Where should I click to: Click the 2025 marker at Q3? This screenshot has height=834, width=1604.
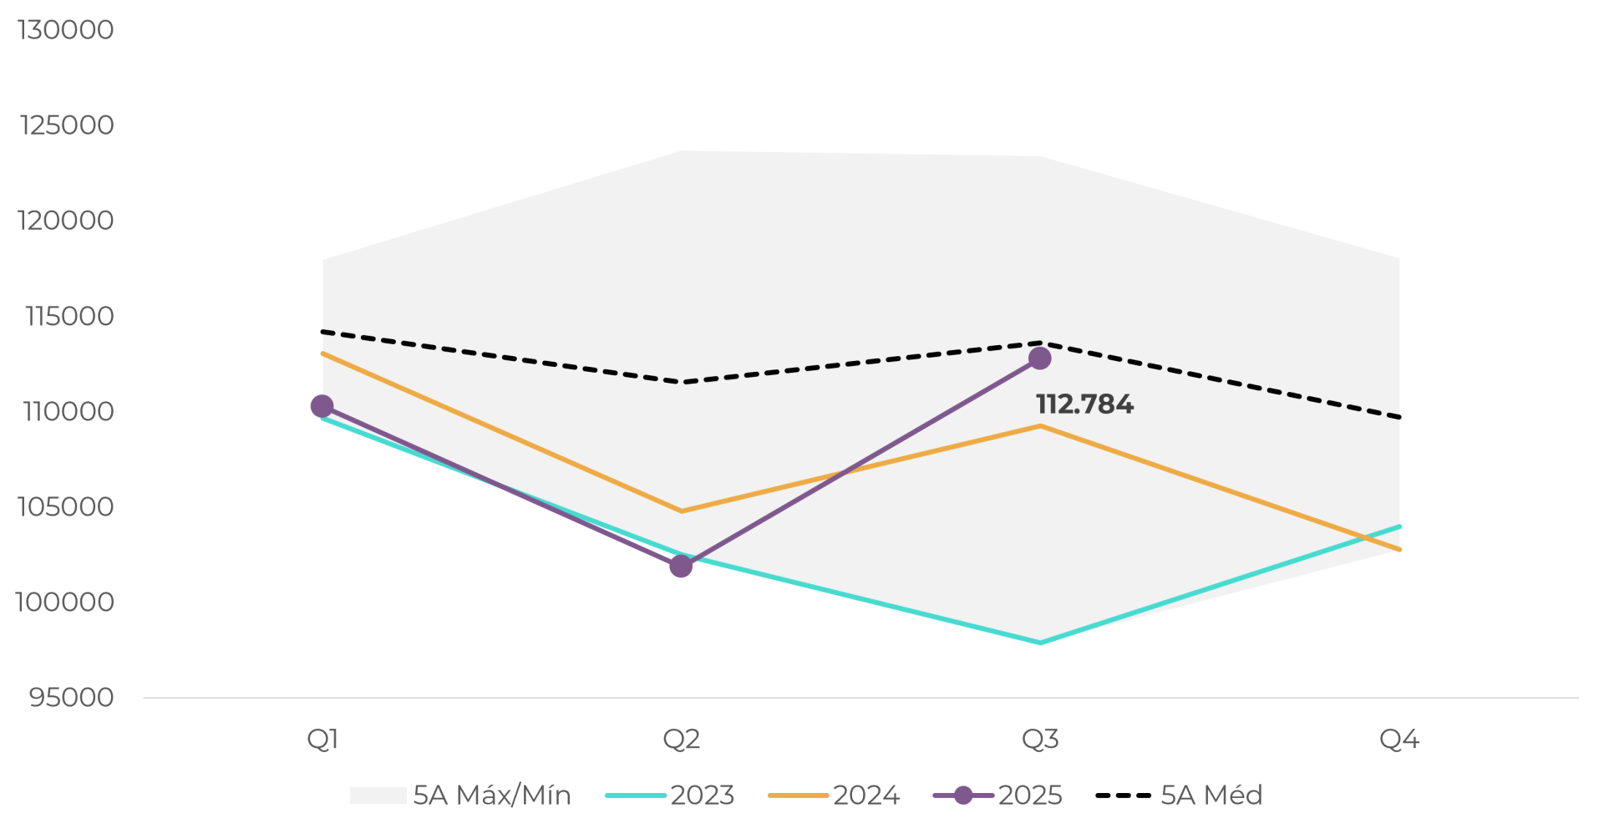(x=1039, y=359)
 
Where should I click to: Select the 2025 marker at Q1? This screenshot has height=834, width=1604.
(x=322, y=406)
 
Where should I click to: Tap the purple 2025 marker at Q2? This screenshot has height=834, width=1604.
(x=681, y=567)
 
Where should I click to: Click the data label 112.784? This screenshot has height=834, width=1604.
(x=1084, y=404)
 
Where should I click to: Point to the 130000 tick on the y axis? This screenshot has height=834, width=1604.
(x=65, y=30)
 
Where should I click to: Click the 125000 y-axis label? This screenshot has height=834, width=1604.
(x=66, y=125)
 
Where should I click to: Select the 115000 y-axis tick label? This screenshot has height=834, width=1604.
(x=69, y=316)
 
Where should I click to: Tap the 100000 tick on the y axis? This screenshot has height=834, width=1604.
(x=64, y=602)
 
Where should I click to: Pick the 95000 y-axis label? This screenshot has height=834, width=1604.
(x=71, y=697)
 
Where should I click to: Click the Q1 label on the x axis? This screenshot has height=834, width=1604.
(x=322, y=739)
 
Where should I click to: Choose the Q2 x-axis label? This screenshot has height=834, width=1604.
(x=681, y=739)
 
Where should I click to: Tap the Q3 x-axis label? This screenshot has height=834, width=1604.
(x=1040, y=739)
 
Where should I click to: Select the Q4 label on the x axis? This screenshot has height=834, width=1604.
(x=1399, y=739)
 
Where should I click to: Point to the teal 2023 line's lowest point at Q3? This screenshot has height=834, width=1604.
(x=1040, y=643)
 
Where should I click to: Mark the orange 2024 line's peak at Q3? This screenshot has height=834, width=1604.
(x=1040, y=426)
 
